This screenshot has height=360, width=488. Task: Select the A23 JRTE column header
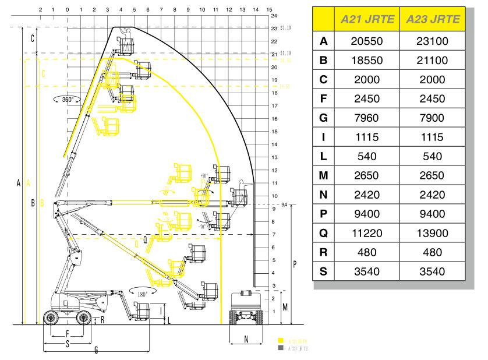[x=433, y=20]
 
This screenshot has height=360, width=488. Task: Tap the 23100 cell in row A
[x=433, y=42]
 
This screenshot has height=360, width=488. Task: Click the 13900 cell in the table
[x=433, y=234]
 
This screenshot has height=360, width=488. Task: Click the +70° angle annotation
[x=203, y=175]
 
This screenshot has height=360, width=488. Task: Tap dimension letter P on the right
[x=295, y=264]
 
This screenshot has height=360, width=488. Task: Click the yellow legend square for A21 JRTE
[x=280, y=341]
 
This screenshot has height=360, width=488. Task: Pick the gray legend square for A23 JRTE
[x=280, y=348]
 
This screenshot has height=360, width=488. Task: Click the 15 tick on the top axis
[x=268, y=10]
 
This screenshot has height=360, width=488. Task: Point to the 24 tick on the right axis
[x=274, y=16]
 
